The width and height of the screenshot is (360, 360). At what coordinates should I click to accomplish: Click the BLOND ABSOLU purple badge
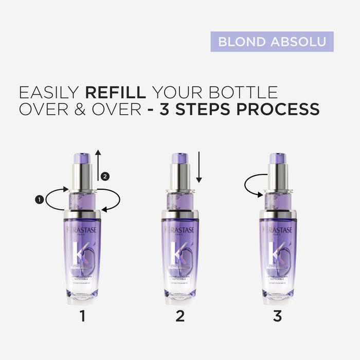tap(272, 42)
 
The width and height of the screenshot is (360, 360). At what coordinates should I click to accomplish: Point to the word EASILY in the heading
tap(49, 93)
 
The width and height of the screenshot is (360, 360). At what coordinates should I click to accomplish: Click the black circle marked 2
tap(105, 176)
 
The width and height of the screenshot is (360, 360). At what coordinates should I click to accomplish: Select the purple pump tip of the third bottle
tap(277, 157)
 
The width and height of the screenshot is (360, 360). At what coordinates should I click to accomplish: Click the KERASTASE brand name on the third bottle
tap(277, 230)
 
